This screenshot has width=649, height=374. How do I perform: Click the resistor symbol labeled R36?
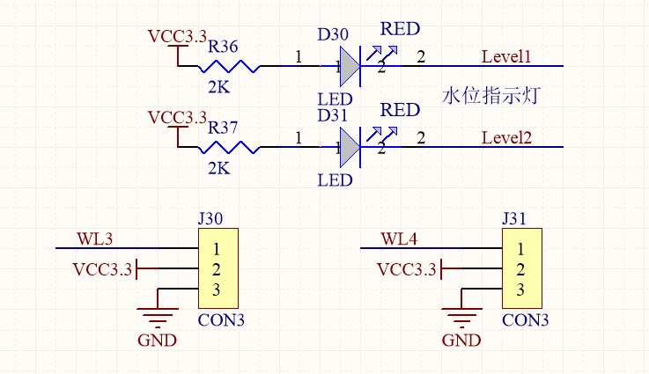click(x=229, y=66)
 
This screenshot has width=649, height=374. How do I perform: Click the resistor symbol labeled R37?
click(x=229, y=147)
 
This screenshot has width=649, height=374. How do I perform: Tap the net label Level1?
click(x=506, y=56)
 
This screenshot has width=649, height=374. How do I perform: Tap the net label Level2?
click(x=506, y=138)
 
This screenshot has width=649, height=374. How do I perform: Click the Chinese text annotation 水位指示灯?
click(x=490, y=96)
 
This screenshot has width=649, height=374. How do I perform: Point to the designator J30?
click(x=210, y=218)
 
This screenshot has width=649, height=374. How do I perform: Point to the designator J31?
click(x=514, y=218)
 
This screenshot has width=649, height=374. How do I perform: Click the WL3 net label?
click(x=94, y=238)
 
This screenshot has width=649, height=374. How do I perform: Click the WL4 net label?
click(x=399, y=238)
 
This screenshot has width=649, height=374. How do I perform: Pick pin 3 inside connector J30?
click(x=216, y=290)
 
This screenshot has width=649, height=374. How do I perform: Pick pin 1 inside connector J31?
click(x=520, y=249)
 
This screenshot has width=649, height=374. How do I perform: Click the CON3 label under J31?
click(x=525, y=320)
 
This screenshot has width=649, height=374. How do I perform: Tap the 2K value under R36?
click(x=218, y=87)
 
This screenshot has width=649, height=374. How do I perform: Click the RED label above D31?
click(x=400, y=110)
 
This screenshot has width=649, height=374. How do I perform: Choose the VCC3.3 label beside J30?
click(x=102, y=269)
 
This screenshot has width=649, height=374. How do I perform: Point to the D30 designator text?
click(x=333, y=34)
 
